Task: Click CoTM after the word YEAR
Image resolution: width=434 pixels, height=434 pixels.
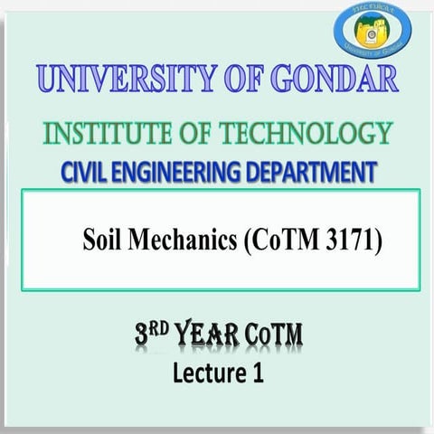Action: click(271, 339)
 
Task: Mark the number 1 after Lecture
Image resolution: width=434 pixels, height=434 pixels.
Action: click(258, 372)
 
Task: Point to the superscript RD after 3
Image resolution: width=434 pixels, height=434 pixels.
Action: click(161, 333)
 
